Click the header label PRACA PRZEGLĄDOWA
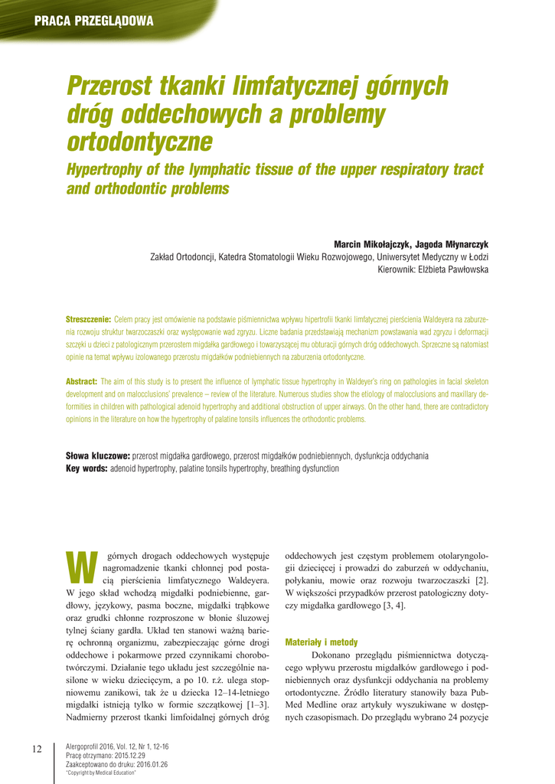click(93, 21)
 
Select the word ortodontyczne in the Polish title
click(139, 141)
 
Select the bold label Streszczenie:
click(89, 318)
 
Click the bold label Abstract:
click(82, 381)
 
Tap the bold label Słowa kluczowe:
click(98, 456)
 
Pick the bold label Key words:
click(87, 468)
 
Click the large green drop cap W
click(80, 564)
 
